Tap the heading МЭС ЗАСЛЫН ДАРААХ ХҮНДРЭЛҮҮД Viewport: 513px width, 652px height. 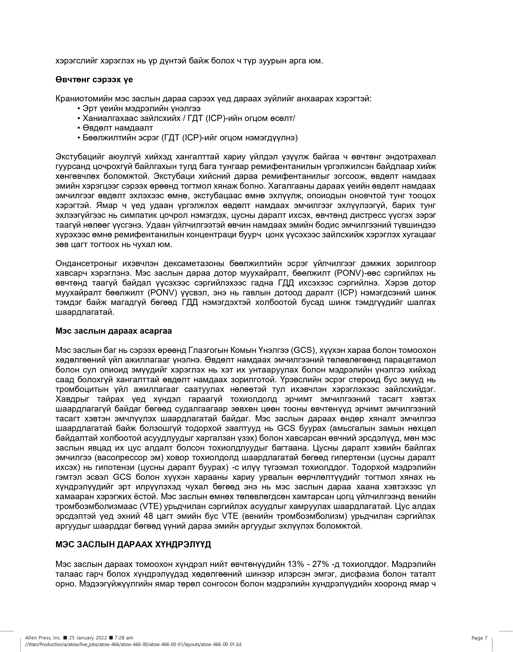click(x=133, y=544)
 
